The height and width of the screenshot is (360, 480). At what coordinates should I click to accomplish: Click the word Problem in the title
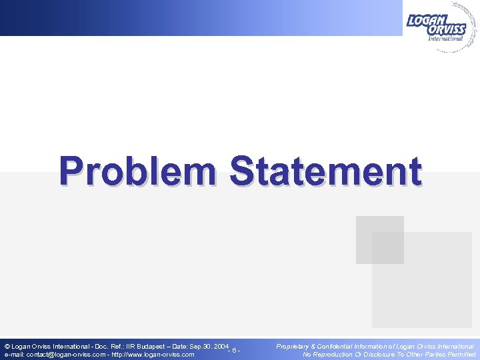[x=137, y=171]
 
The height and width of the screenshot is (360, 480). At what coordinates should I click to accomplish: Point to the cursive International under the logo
[x=445, y=39]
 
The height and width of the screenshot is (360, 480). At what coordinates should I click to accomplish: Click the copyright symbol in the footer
[x=7, y=347]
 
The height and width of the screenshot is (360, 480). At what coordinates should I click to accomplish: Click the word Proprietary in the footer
[x=293, y=347]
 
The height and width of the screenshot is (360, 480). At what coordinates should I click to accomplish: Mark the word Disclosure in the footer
[x=388, y=355]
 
